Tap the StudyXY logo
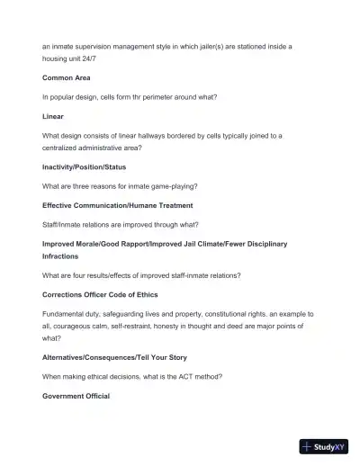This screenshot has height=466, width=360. [x=324, y=445]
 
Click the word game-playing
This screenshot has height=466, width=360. [x=171, y=186]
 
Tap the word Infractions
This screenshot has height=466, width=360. [x=60, y=255]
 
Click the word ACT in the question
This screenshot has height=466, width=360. [x=186, y=376]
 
